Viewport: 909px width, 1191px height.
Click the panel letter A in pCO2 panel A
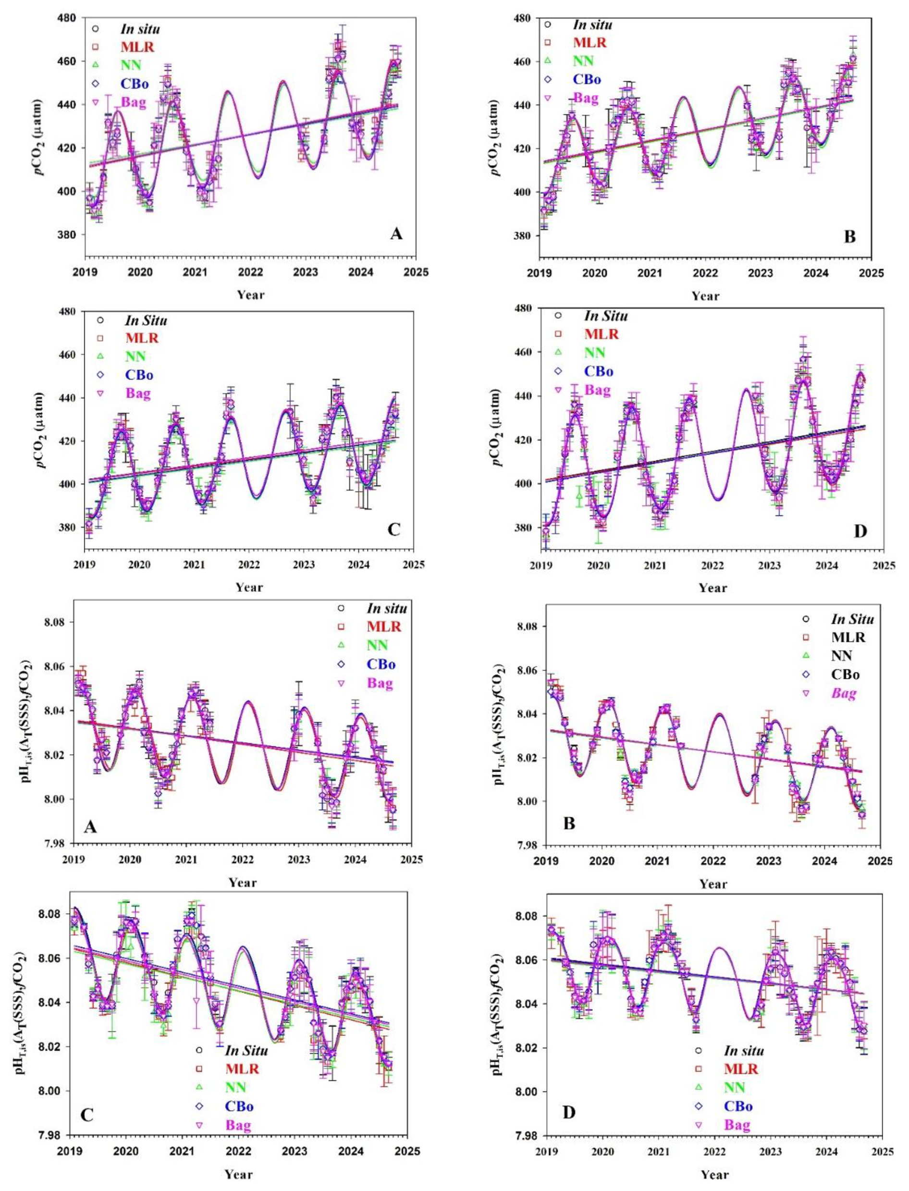coord(396,234)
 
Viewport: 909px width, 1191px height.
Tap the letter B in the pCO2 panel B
coord(850,236)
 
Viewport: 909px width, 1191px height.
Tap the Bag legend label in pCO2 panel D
coord(597,390)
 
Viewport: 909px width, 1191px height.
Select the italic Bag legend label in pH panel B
coord(844,693)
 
